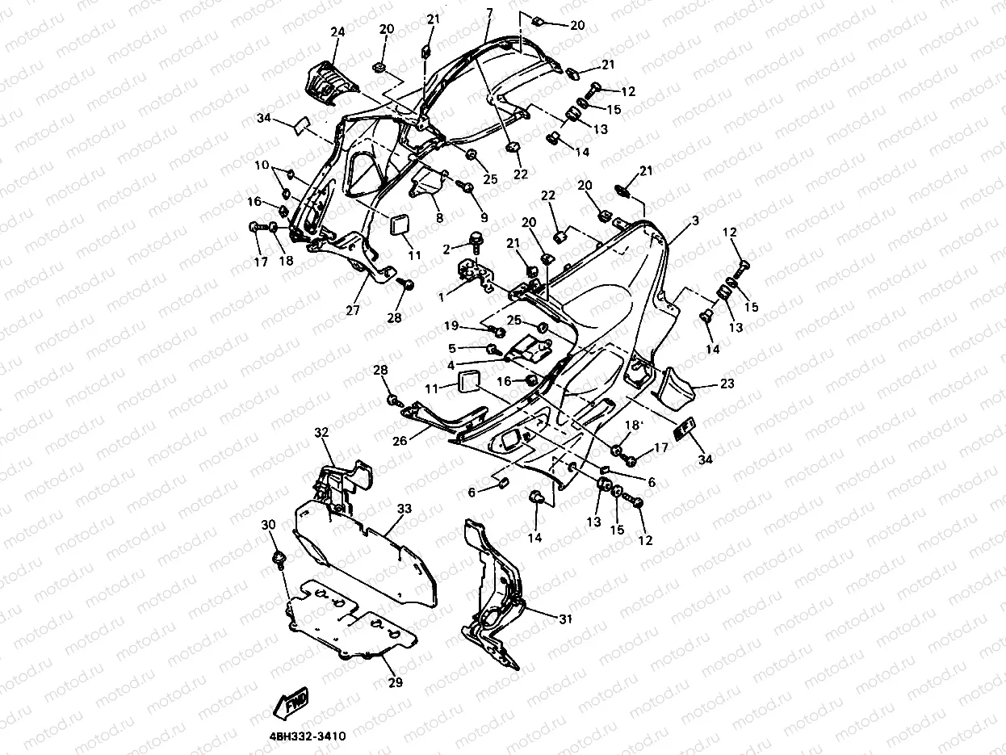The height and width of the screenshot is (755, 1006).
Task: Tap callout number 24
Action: pos(337,32)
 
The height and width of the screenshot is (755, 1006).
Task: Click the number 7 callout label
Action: pos(488,14)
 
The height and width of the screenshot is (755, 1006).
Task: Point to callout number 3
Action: pos(694,220)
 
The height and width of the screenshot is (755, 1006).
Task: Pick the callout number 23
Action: pos(727,384)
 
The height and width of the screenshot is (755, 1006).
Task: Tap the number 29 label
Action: pos(395,682)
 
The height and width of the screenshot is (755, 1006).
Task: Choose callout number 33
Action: pos(404,509)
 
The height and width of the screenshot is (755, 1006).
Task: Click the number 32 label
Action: pos(322,433)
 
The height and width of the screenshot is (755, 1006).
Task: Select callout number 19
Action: pos(451,326)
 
